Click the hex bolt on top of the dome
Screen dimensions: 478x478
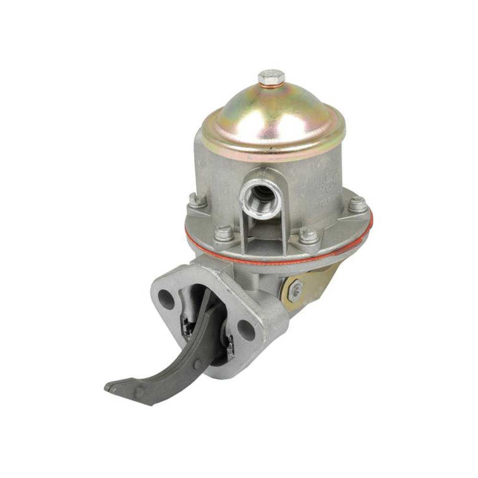tap(271, 77)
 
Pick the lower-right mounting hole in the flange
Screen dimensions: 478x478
tap(244, 333)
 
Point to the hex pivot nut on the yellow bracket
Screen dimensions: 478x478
tap(295, 292)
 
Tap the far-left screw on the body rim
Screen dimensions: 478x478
tap(194, 200)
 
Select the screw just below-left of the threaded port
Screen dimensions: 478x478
tap(223, 234)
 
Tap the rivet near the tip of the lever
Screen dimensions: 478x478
tap(140, 391)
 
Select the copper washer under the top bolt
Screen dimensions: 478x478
tap(271, 87)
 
